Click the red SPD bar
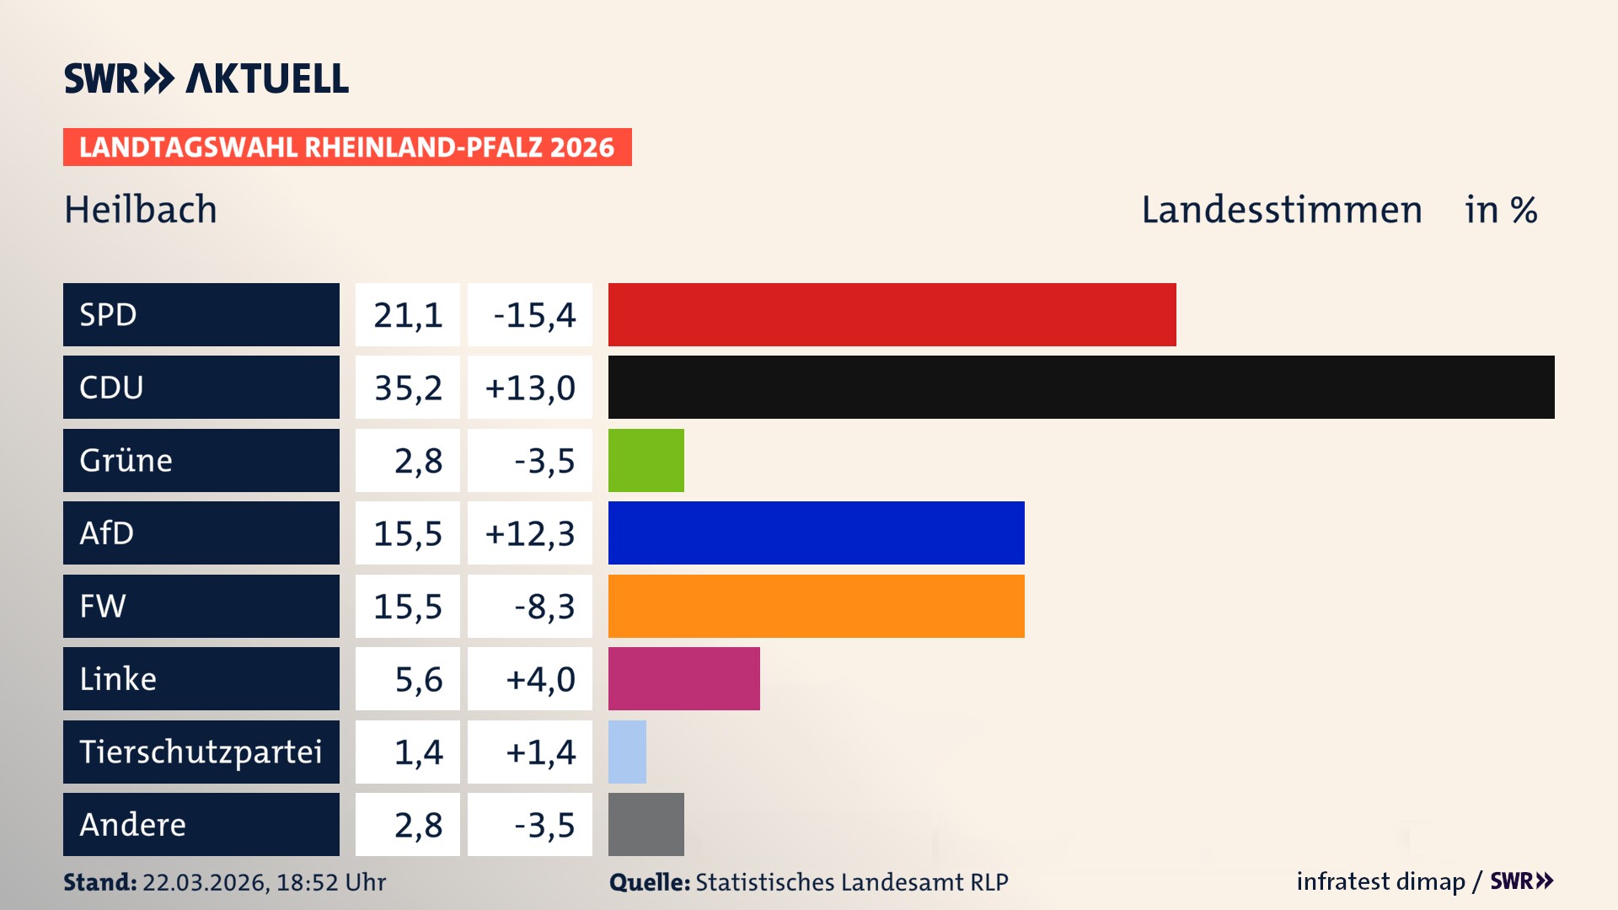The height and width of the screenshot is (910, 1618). pos(892,314)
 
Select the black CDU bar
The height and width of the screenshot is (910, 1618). pos(1081,387)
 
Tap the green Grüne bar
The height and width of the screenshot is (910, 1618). pos(646,460)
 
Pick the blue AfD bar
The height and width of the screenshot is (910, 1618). pos(816,533)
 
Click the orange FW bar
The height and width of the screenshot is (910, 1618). pos(816,606)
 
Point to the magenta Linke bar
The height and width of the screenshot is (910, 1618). pos(683,678)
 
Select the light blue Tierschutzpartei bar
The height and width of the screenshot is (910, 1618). pos(627,752)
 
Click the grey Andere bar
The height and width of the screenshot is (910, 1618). pos(646,824)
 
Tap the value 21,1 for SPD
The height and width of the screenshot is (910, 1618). pos(408,315)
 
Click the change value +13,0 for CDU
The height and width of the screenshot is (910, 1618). pos(530,388)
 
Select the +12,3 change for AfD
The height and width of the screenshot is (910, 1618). pos(530,533)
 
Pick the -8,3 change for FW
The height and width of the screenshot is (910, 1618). pos(544,606)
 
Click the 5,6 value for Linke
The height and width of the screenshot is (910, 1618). pos(418,679)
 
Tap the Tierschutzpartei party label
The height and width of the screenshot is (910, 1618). pos(201,752)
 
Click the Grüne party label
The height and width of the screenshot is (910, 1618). pos(126,460)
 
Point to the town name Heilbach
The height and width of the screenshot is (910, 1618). pos(141,210)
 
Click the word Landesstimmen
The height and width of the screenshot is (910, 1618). pos(1281,210)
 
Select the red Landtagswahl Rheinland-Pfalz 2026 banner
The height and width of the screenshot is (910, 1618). pos(347,147)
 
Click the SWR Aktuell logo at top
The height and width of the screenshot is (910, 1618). pos(206,78)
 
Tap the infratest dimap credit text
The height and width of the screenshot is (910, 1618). pos(1380,881)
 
